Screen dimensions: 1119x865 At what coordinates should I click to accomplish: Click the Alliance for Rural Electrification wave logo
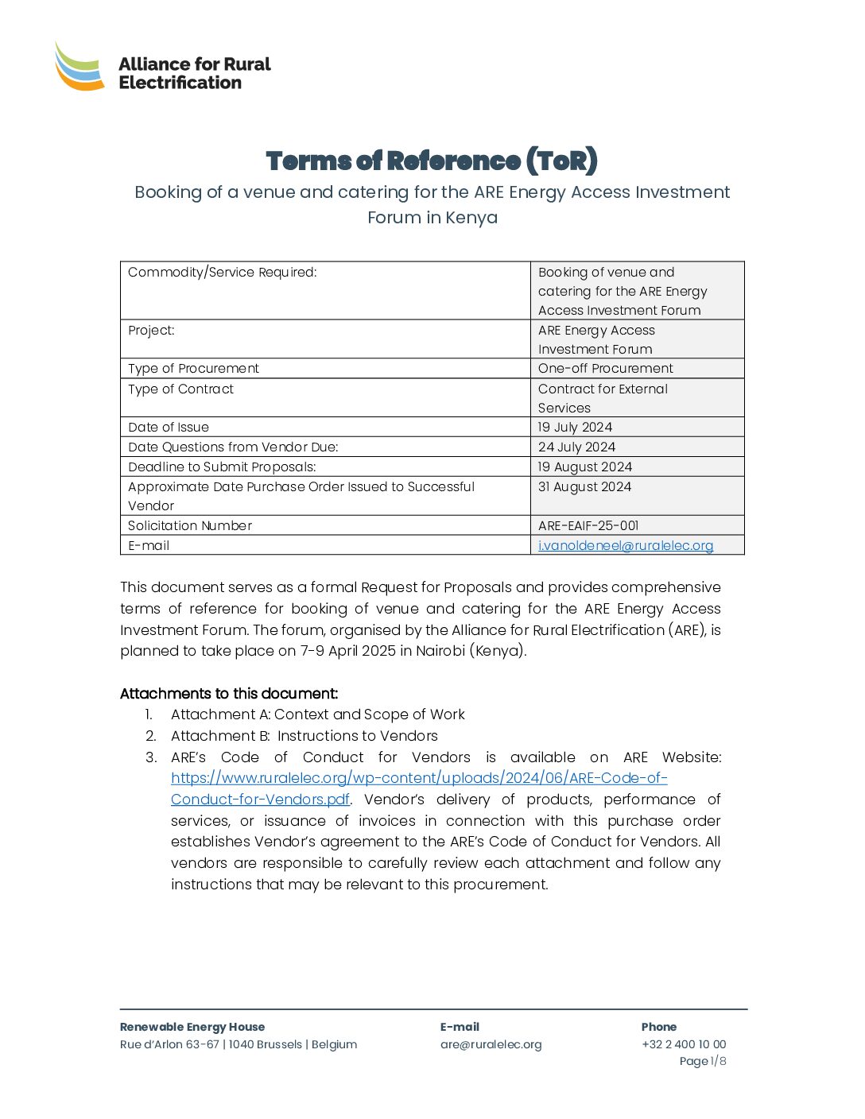click(80, 68)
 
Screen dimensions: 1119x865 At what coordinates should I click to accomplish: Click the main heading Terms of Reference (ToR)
click(432, 161)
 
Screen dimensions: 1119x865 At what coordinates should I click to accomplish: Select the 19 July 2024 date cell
click(576, 428)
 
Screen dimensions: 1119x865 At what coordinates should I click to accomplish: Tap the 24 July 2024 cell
click(577, 447)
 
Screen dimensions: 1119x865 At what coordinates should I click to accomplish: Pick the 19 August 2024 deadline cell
click(585, 467)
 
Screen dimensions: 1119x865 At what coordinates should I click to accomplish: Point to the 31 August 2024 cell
click(585, 487)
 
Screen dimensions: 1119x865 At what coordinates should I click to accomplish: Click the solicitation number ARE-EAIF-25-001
click(588, 526)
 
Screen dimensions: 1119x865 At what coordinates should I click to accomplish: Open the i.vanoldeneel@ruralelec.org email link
click(626, 546)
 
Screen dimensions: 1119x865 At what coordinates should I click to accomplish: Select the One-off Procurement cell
click(606, 369)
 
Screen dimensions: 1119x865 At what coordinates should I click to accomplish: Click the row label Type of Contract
click(181, 389)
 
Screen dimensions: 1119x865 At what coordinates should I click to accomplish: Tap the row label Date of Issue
click(169, 428)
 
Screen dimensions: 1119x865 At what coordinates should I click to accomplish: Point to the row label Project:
click(151, 331)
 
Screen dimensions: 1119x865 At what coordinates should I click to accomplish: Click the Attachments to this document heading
click(229, 694)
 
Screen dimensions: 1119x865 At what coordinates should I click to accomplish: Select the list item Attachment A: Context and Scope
click(318, 715)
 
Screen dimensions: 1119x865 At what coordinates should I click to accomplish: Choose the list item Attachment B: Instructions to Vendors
click(304, 737)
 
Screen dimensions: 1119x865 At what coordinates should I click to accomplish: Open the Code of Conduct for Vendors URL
click(419, 779)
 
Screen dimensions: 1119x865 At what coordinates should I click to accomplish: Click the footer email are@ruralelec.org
click(491, 1045)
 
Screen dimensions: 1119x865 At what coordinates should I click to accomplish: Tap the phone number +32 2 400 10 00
click(684, 1045)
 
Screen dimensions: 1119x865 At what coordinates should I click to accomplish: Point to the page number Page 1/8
click(703, 1062)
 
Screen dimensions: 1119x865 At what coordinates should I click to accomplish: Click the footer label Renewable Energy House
click(192, 1028)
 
